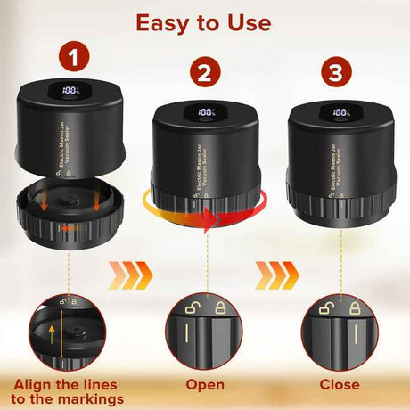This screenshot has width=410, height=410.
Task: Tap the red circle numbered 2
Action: pyautogui.click(x=205, y=74)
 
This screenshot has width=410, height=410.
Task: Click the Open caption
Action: pyautogui.click(x=205, y=385)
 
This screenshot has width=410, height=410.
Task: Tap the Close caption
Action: pyautogui.click(x=340, y=385)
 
